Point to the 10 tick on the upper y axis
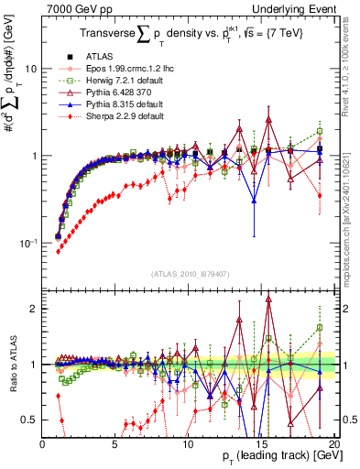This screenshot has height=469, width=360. click(x=30, y=69)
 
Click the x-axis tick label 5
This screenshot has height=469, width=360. click(x=115, y=443)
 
